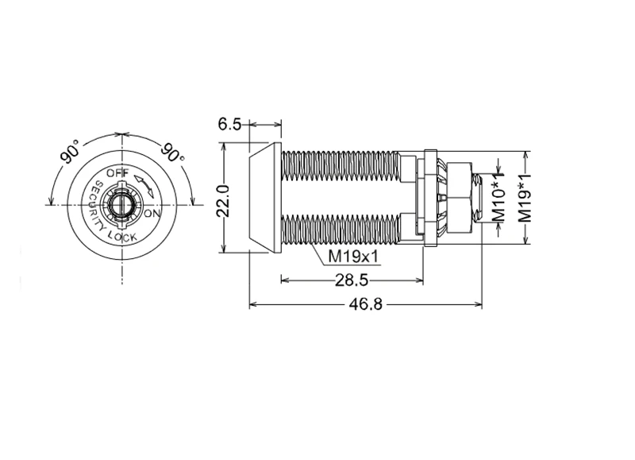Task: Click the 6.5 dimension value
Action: click(229, 124)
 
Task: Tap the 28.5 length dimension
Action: click(352, 280)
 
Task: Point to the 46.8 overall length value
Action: click(366, 304)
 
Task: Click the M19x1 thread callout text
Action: click(353, 257)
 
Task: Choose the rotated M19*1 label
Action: click(525, 199)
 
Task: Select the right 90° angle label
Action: click(173, 153)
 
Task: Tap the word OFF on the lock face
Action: click(117, 173)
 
